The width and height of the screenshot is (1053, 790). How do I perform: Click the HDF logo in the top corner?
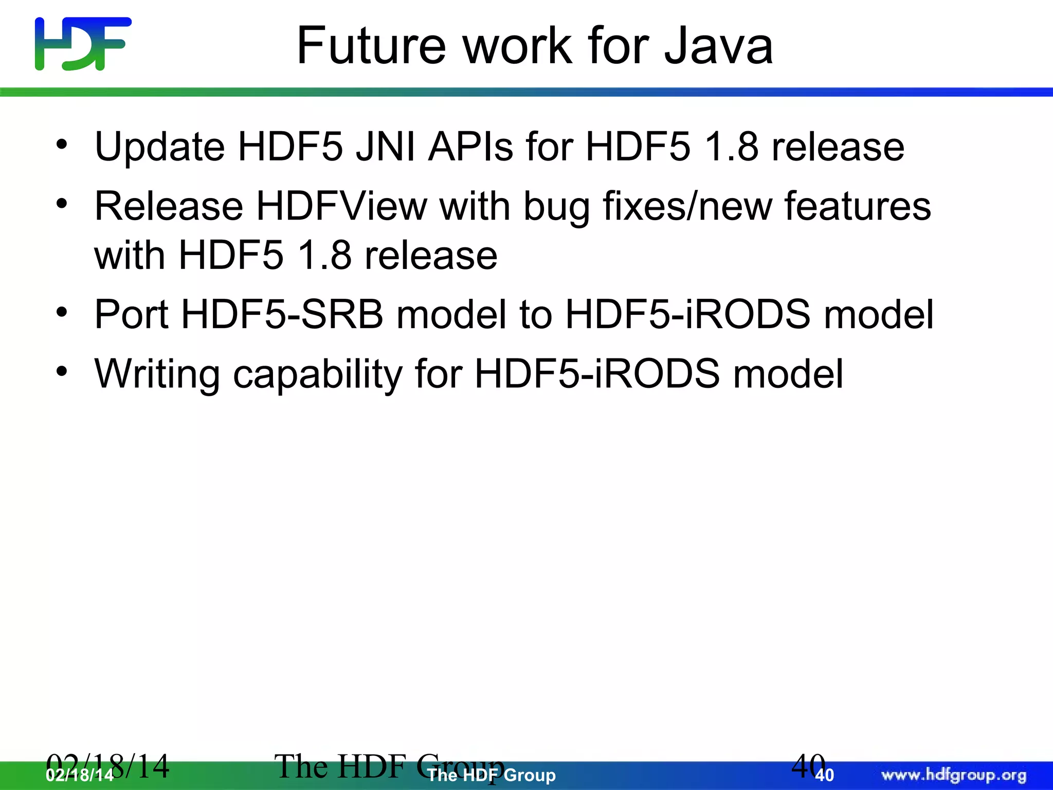tap(83, 44)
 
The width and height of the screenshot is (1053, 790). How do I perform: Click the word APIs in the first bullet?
tap(470, 147)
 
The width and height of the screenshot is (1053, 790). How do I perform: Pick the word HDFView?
tap(341, 206)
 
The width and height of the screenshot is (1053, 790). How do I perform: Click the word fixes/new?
tap(686, 206)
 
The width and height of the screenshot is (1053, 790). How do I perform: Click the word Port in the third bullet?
tap(132, 314)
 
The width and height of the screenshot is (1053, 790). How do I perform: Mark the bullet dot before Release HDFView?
tap(62, 204)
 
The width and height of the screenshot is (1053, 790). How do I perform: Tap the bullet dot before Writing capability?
tap(62, 371)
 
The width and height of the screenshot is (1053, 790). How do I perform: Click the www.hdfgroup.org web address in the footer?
tap(954, 775)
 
